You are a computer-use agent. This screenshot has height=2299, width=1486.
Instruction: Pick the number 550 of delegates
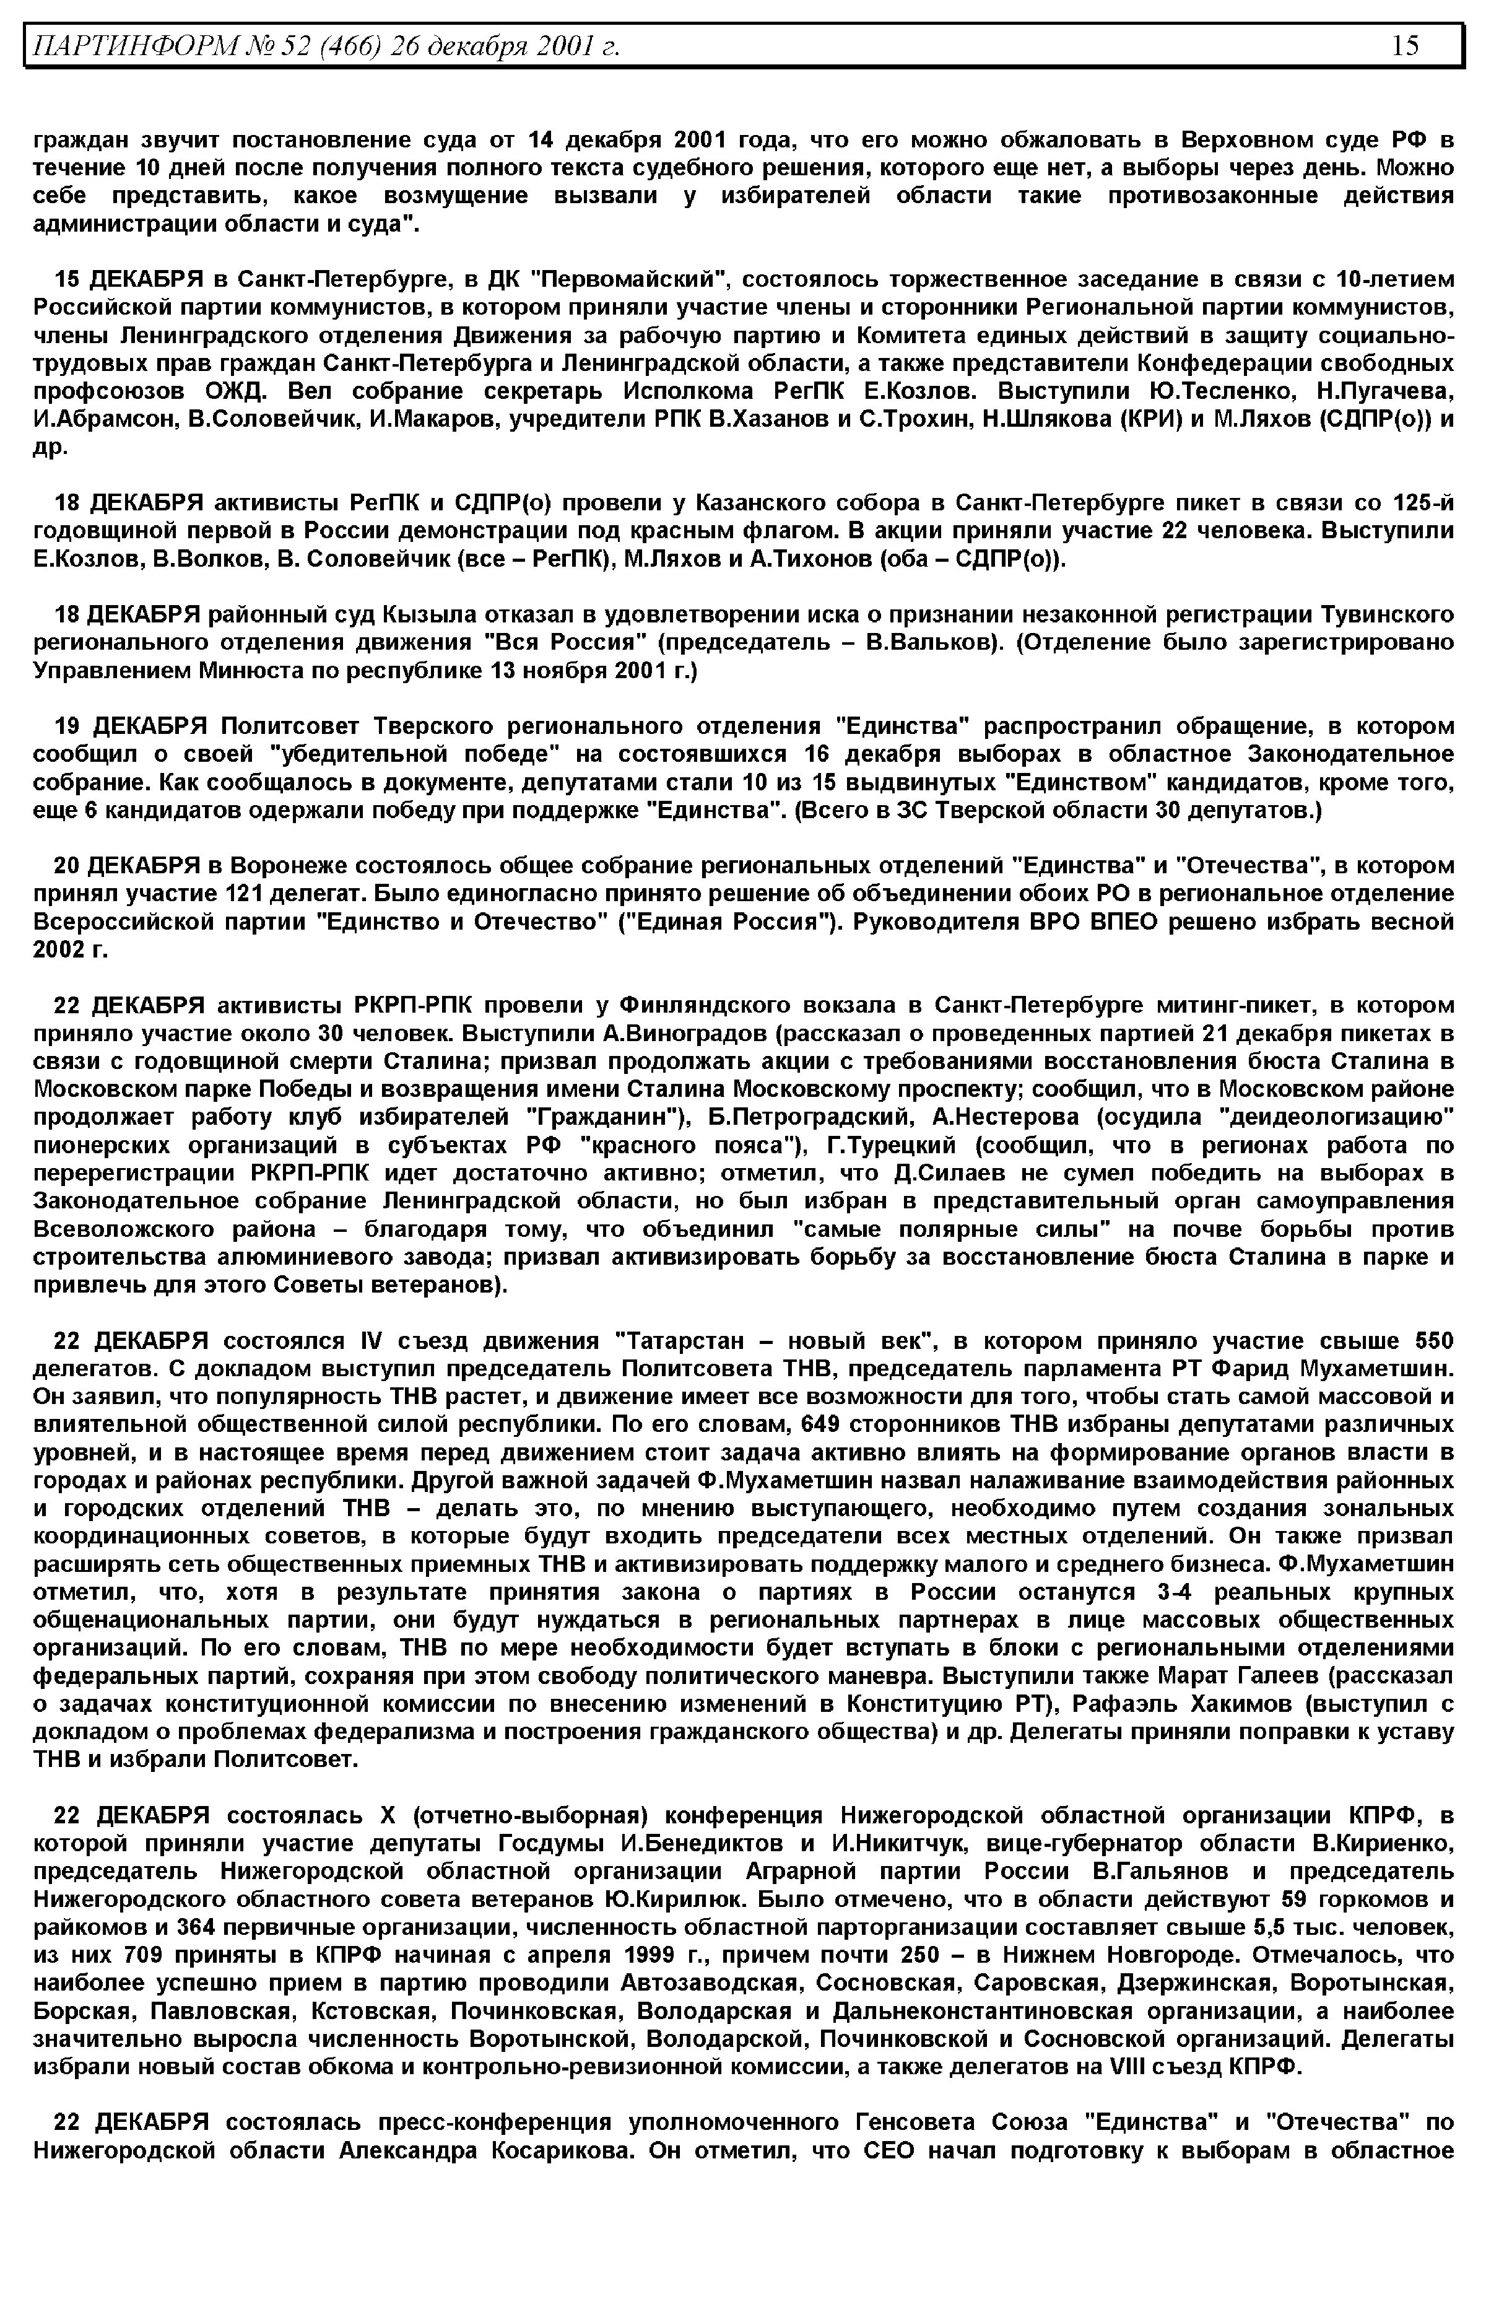[x=1434, y=1341]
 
